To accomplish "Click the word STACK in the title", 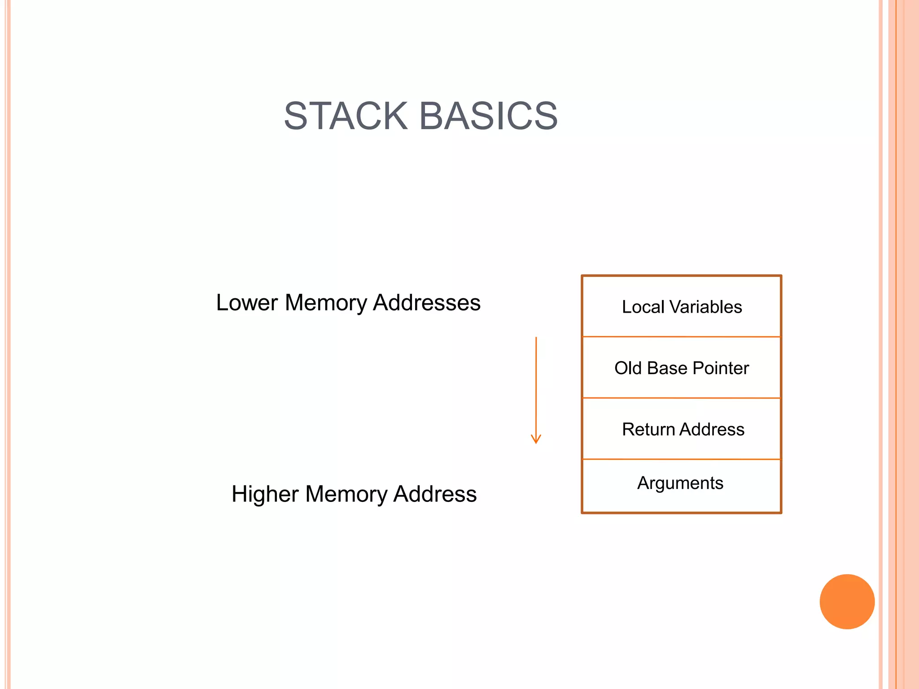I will click(x=346, y=116).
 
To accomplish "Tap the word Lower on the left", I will click(x=247, y=302).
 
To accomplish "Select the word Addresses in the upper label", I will click(x=427, y=302).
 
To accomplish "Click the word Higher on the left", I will click(x=265, y=494).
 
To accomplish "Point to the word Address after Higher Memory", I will click(x=435, y=494).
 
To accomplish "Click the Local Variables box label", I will click(x=681, y=307).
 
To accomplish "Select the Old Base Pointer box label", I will click(x=681, y=368).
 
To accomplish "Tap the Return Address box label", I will click(x=683, y=430).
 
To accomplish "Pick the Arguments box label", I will click(x=680, y=483).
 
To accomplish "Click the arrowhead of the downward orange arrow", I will click(x=536, y=439).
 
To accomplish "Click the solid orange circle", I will click(x=847, y=602).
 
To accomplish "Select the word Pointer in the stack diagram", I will click(x=721, y=368).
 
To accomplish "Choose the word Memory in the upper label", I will click(x=326, y=302).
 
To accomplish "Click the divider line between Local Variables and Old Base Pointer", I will click(x=681, y=336).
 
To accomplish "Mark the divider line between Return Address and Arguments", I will click(x=681, y=459).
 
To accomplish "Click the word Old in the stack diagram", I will click(x=628, y=368).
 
